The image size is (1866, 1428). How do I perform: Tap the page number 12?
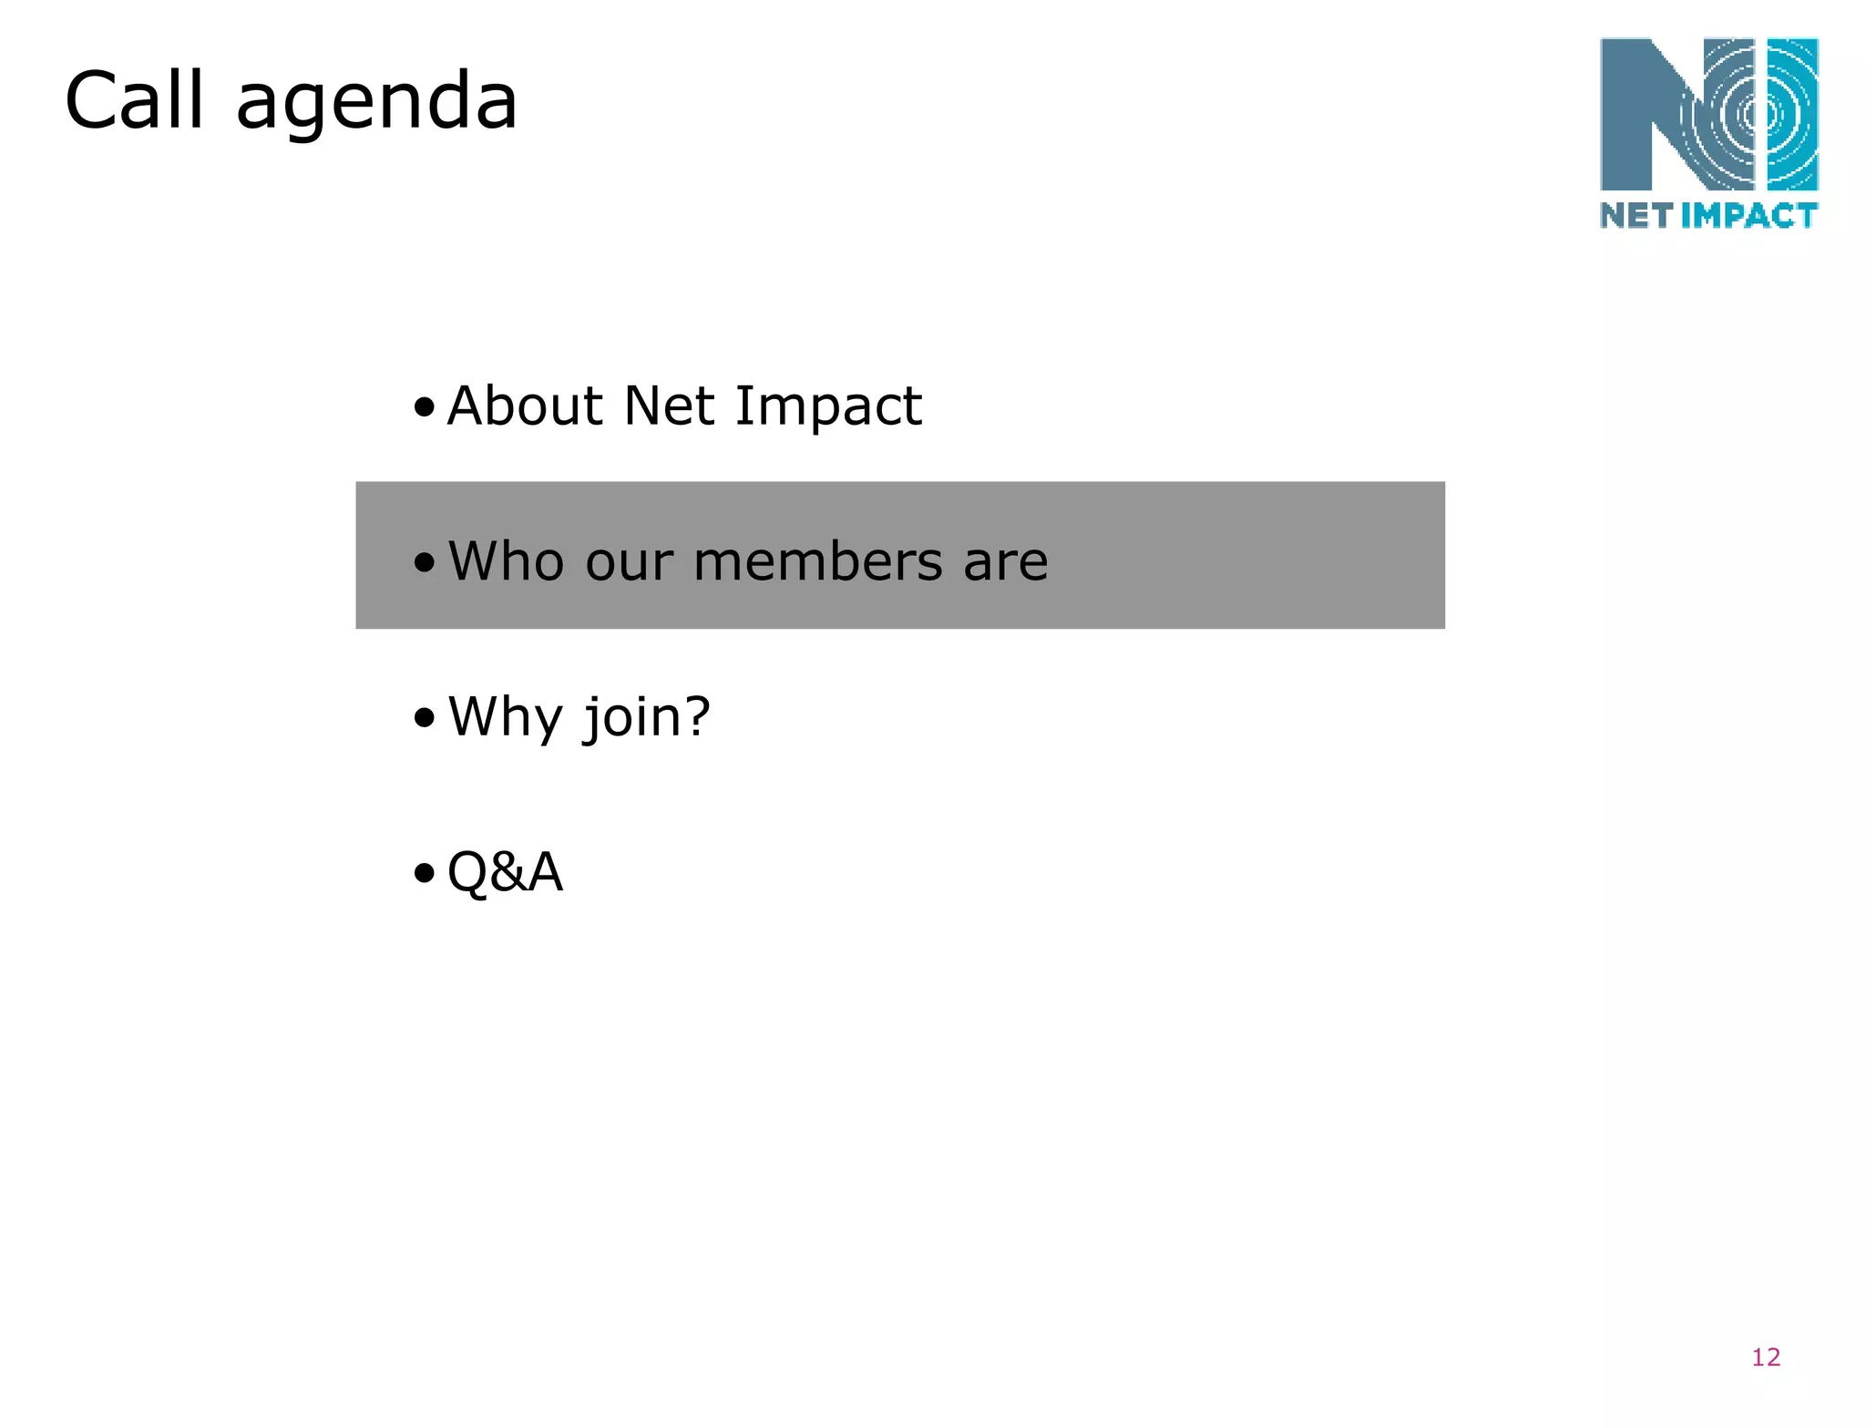(1765, 1357)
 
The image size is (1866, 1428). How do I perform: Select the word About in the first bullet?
(525, 406)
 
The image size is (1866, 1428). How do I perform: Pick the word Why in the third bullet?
(505, 717)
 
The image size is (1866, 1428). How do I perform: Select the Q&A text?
(505, 872)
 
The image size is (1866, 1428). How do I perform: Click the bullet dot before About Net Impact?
(424, 406)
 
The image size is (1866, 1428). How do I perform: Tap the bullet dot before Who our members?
(424, 562)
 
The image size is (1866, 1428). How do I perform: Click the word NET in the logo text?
(1636, 215)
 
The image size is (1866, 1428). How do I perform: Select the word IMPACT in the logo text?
(1748, 215)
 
